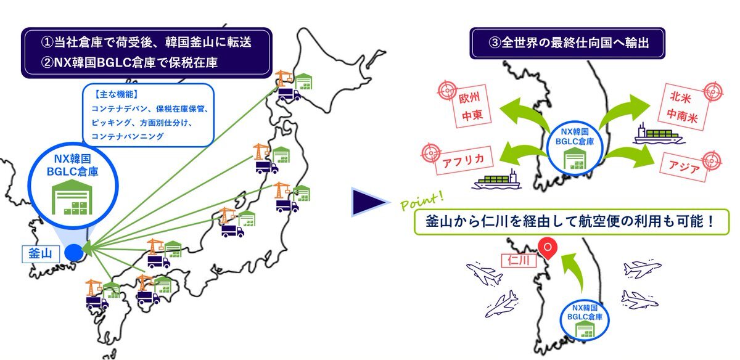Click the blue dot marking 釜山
point(73,252)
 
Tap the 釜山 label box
point(40,253)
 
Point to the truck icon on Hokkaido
point(288,94)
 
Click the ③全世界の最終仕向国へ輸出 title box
point(568,44)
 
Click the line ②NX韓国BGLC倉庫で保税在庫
point(131,62)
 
